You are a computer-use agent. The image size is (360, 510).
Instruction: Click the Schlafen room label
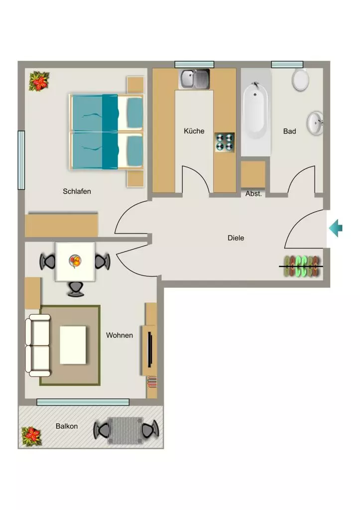77,191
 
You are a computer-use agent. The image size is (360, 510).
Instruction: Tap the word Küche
194,131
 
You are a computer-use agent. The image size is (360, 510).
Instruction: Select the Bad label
289,131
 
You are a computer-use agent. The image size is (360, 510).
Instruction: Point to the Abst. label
253,194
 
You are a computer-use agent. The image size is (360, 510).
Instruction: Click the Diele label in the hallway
236,238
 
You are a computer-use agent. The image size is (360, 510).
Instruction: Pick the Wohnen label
120,335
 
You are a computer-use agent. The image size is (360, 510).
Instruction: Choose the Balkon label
67,426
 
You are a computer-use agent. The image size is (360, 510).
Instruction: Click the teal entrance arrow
336,228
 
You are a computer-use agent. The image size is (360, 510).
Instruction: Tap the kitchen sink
194,79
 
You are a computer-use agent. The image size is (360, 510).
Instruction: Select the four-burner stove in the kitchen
225,142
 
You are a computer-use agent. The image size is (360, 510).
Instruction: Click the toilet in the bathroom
300,79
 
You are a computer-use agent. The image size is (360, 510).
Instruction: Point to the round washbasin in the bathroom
315,123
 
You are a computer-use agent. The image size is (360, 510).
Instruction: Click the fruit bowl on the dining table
75,261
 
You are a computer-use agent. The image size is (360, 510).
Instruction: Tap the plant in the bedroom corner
39,81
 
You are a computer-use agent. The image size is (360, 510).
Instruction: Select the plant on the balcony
31,436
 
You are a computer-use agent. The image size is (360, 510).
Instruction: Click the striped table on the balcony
125,431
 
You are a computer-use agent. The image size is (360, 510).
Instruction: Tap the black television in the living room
149,350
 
